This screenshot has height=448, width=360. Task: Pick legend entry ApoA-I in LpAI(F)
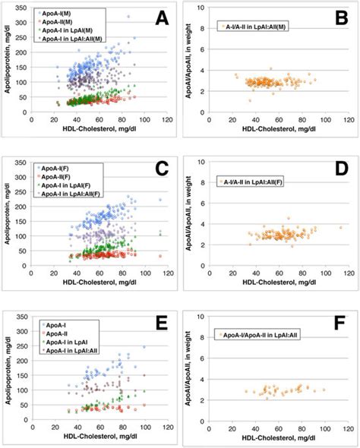coord(69,184)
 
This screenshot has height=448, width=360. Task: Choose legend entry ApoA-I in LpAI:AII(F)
coord(74,192)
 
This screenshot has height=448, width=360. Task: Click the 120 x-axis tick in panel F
coord(346,426)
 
